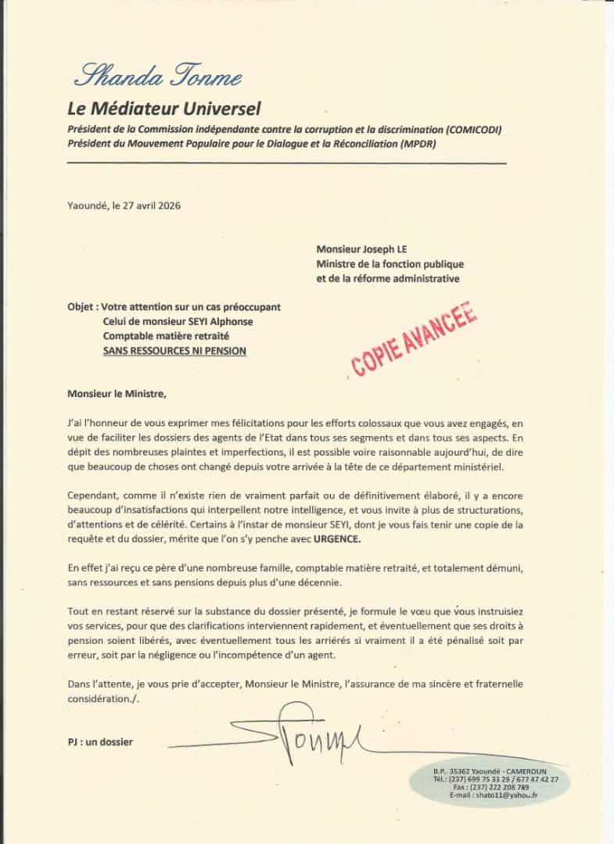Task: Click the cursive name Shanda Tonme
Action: (157, 77)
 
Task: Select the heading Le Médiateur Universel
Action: (164, 109)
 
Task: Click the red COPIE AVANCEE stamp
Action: (414, 338)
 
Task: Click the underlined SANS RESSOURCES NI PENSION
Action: (174, 351)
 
